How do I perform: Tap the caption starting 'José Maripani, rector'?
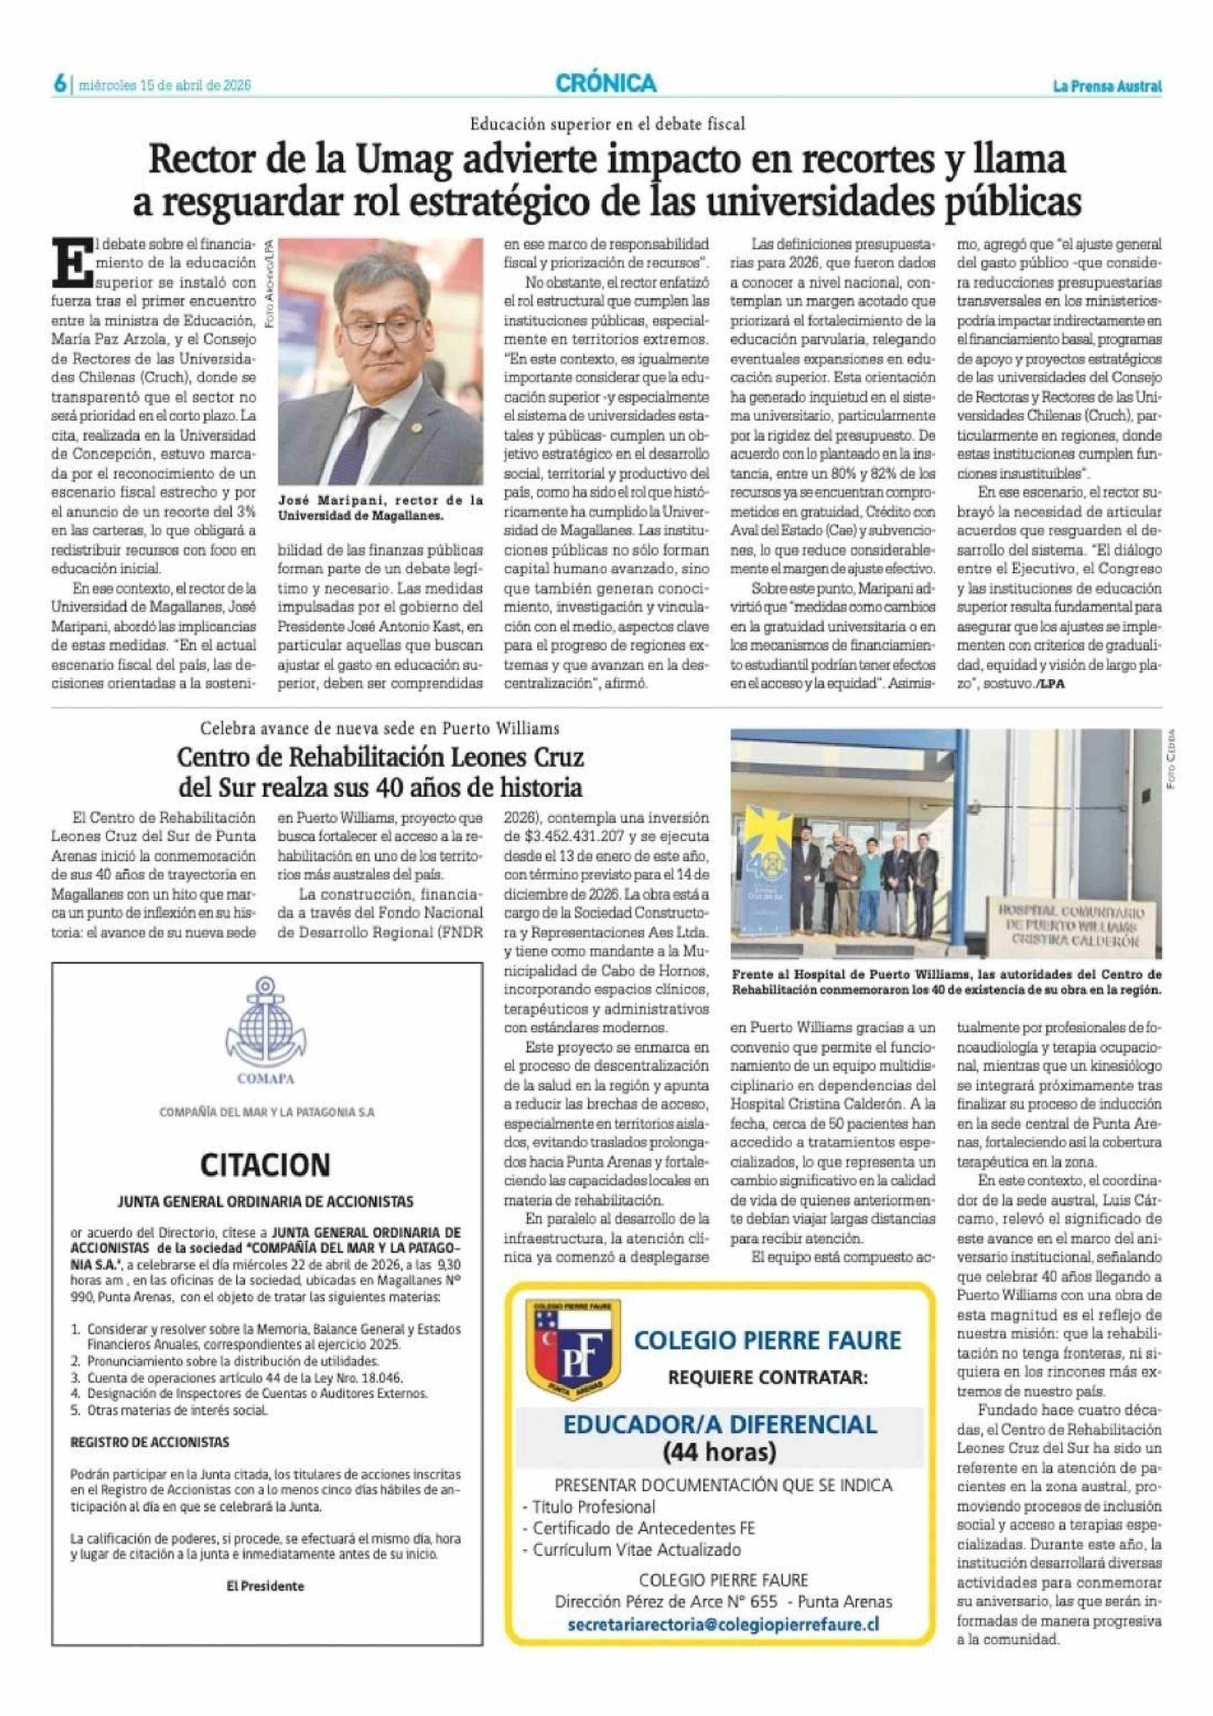[x=380, y=507]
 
